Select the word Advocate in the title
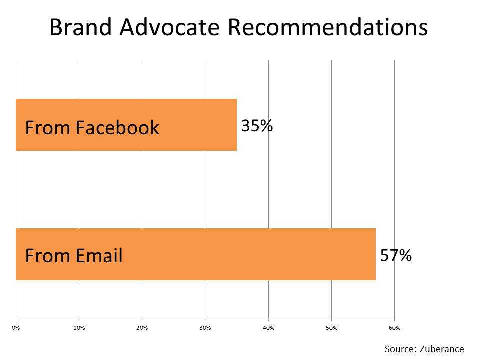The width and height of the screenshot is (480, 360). tap(170, 27)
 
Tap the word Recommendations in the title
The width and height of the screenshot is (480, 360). tap(328, 27)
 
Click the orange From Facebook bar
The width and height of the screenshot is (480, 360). tap(126, 125)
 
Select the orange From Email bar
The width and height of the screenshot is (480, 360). tap(196, 254)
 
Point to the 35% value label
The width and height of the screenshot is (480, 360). tap(257, 126)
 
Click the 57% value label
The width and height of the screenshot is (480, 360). tap(396, 255)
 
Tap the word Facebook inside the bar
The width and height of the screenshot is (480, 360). tap(117, 127)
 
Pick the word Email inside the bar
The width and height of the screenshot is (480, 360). tap(99, 255)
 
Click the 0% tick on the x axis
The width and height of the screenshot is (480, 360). tap(16, 328)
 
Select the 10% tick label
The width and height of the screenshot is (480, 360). tap(79, 328)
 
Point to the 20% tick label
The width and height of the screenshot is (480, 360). tap(142, 328)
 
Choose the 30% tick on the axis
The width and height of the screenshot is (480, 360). tap(205, 328)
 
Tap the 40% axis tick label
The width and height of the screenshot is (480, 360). tap(269, 328)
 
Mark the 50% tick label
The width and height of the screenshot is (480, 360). tap(332, 328)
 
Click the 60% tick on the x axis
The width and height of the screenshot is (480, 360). tap(395, 328)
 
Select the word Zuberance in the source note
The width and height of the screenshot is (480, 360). tap(442, 349)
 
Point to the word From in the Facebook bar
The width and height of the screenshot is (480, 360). tap(48, 127)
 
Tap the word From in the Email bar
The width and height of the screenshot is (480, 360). tap(48, 255)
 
